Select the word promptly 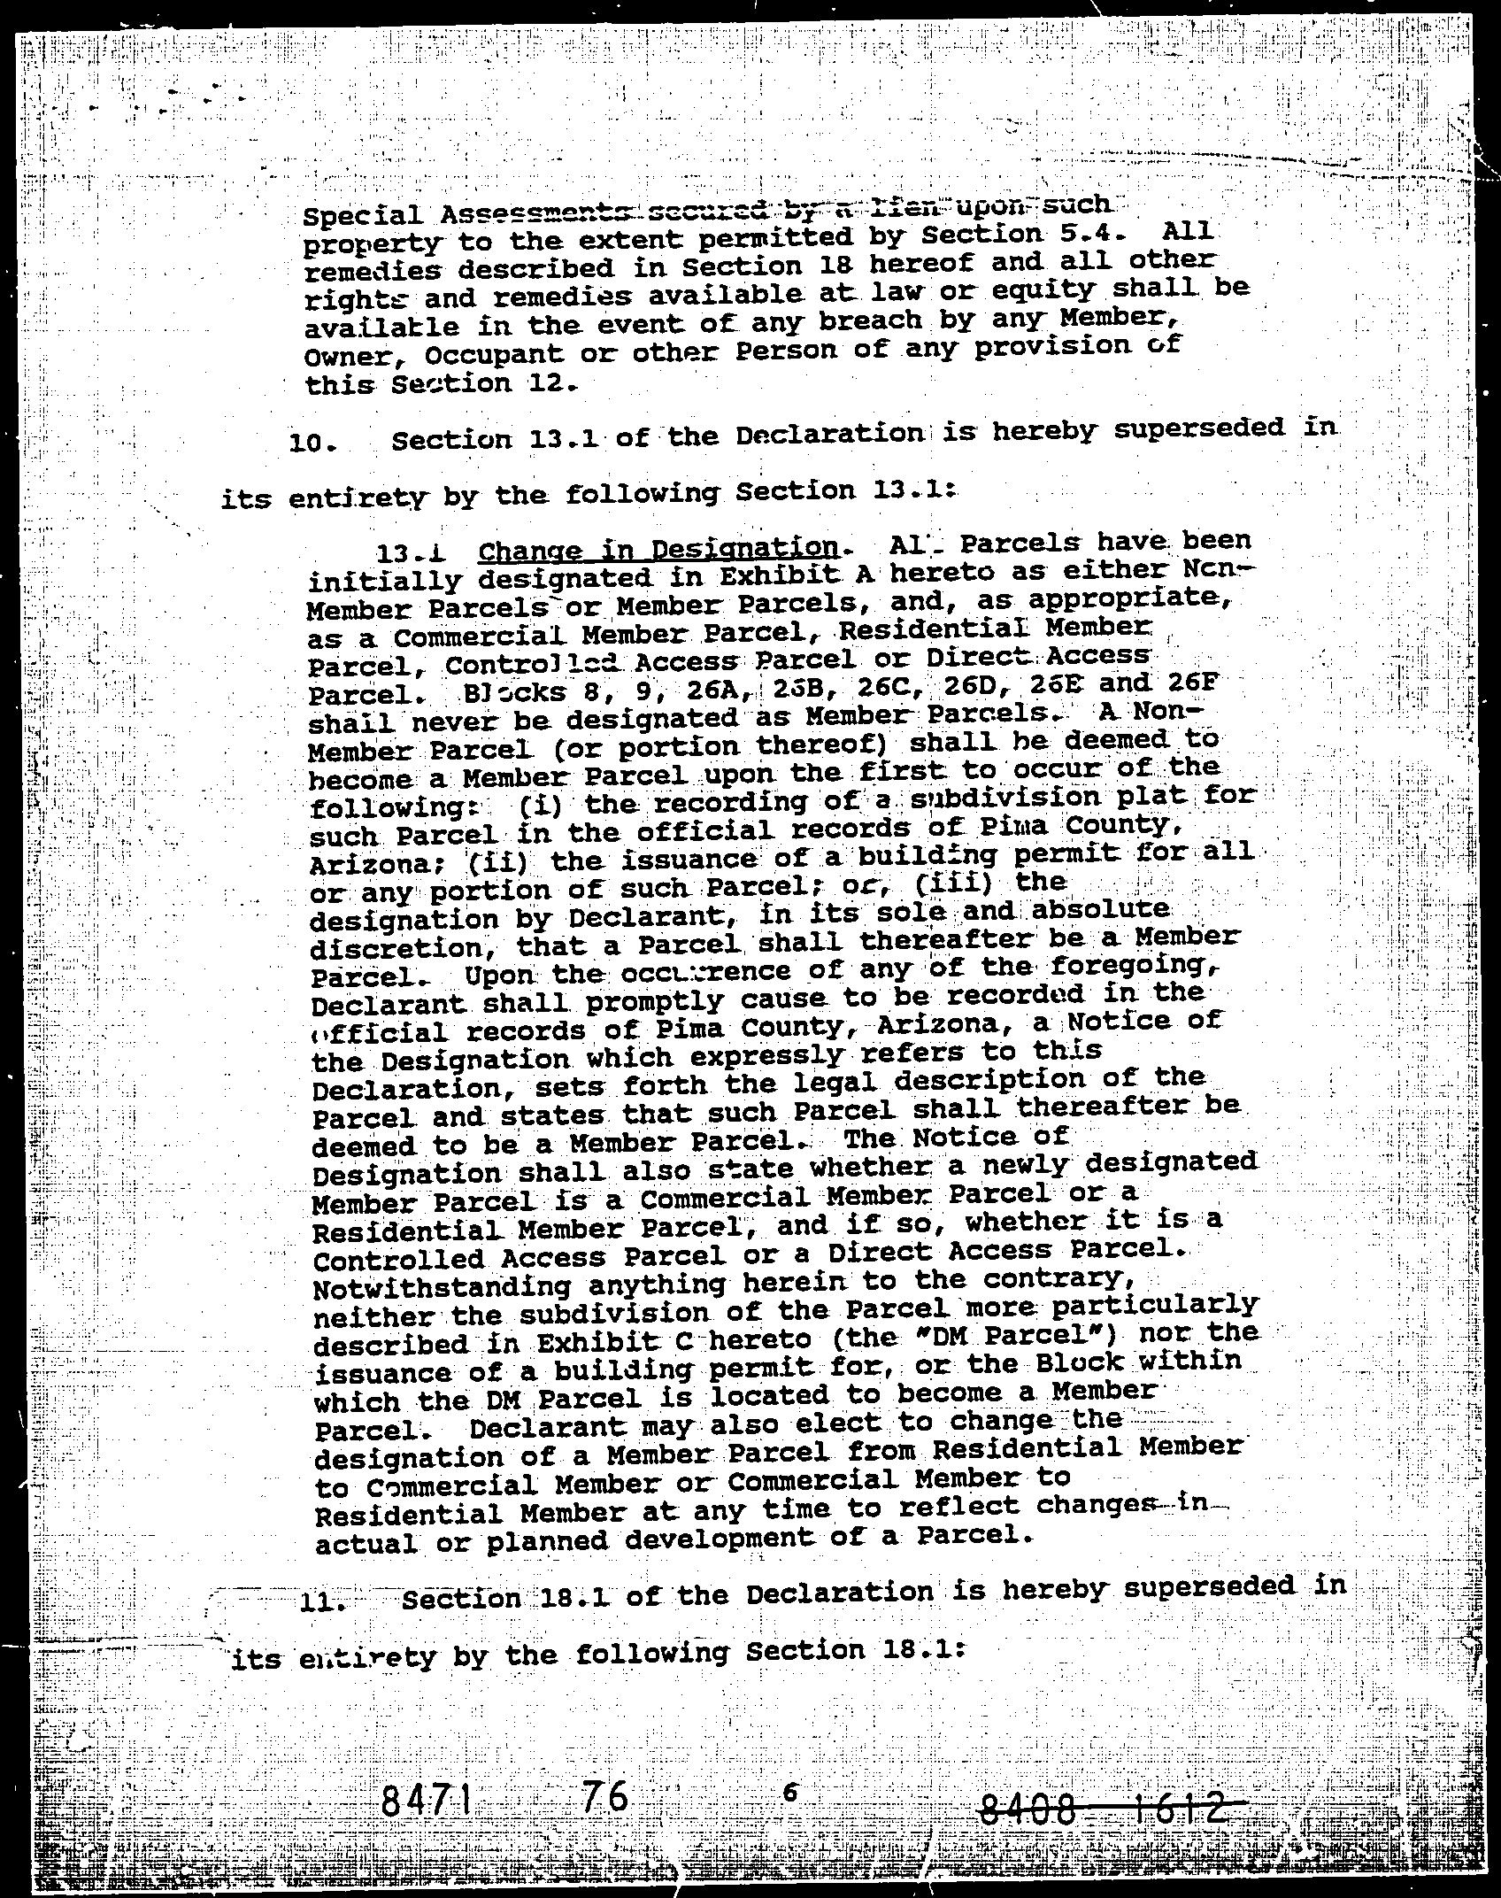coord(646,1000)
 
